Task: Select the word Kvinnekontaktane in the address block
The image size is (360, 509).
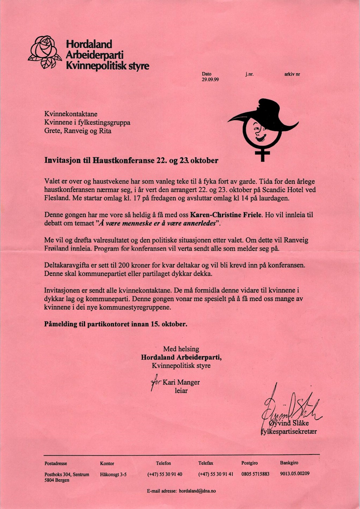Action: coord(71,114)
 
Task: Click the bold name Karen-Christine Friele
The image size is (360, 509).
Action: coord(226,215)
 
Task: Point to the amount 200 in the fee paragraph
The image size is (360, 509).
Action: coord(124,265)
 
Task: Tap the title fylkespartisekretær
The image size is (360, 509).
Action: coord(289,432)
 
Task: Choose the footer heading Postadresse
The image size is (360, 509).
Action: coord(56,463)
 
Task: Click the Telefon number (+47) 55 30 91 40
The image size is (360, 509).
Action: coord(165,474)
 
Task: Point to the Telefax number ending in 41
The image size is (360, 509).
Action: coord(216,474)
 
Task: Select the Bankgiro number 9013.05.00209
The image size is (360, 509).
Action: coord(295,473)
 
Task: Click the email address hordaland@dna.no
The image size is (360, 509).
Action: coord(197,491)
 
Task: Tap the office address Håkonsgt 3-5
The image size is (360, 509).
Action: coord(113,475)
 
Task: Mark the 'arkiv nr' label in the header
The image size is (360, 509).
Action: coord(292,75)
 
